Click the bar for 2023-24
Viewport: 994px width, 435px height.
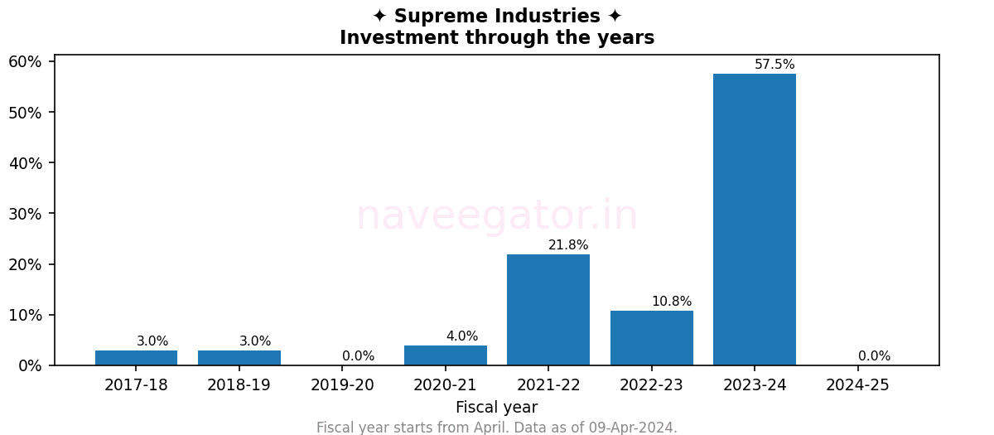coord(754,220)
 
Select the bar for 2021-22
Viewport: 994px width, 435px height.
coord(548,310)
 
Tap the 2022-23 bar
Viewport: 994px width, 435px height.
coord(651,338)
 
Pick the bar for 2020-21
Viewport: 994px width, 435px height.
coord(446,355)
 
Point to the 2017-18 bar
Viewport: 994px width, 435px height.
coord(137,358)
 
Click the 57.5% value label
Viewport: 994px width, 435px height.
coord(774,65)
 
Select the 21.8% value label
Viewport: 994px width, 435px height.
coord(568,245)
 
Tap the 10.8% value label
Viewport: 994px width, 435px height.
coord(672,302)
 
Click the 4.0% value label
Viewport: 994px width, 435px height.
coord(462,336)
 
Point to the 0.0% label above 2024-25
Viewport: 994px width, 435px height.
coord(874,356)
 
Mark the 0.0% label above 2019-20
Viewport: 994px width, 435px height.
coord(359,356)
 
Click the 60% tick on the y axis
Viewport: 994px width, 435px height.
coord(25,62)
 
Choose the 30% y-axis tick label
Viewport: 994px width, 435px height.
coord(25,214)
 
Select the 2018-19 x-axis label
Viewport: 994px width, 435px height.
coord(239,385)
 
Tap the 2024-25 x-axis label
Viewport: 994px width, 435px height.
coord(857,385)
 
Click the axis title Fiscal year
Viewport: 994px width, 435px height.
coord(496,408)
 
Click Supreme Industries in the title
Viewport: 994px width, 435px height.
coord(497,17)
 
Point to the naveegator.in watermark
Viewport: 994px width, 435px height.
coord(497,216)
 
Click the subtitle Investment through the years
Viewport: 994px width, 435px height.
coord(497,38)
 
